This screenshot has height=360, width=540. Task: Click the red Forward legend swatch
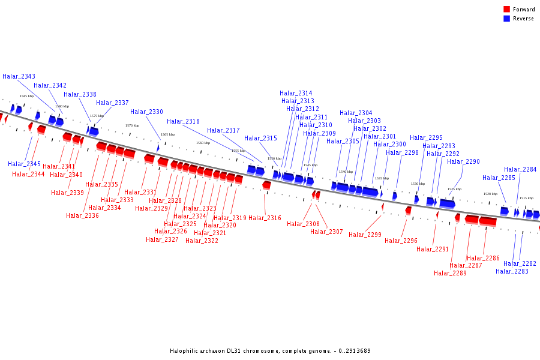pyautogui.click(x=506, y=10)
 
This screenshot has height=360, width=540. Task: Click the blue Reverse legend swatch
pyautogui.click(x=506, y=19)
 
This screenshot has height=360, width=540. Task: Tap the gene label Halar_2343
pyautogui.click(x=19, y=77)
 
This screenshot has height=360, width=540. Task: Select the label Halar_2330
pyautogui.click(x=146, y=112)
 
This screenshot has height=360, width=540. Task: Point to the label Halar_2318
pyautogui.click(x=183, y=122)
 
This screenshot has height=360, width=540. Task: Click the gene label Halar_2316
pyautogui.click(x=265, y=218)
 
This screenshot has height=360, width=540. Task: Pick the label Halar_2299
pyautogui.click(x=365, y=235)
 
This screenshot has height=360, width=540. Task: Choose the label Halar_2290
pyautogui.click(x=463, y=162)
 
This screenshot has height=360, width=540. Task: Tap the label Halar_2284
pyautogui.click(x=520, y=170)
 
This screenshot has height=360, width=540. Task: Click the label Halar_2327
pyautogui.click(x=162, y=240)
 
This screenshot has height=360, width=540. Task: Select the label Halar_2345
pyautogui.click(x=24, y=164)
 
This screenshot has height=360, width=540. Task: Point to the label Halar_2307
pyautogui.click(x=326, y=232)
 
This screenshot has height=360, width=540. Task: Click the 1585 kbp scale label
pyautogui.click(x=26, y=96)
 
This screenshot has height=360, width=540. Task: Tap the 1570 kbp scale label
pyautogui.click(x=132, y=125)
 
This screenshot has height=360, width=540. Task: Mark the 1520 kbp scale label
pyautogui.click(x=490, y=194)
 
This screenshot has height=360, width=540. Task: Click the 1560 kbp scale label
pyautogui.click(x=203, y=143)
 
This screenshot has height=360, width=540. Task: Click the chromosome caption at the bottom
pyautogui.click(x=270, y=351)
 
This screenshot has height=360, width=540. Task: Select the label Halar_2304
pyautogui.click(x=356, y=113)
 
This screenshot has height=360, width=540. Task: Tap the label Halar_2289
pyautogui.click(x=450, y=274)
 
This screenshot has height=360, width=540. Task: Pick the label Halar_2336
pyautogui.click(x=82, y=216)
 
